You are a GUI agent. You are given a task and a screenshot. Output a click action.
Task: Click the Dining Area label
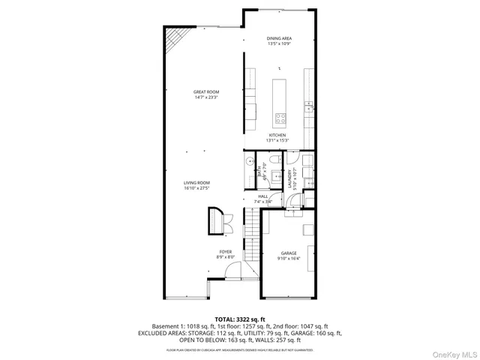pos(278,38)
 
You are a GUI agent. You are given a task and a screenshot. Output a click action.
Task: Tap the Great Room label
pos(206,91)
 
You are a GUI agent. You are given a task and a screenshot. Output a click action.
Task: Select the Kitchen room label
pos(278,135)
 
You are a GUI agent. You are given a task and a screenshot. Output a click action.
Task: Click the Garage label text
pos(289,253)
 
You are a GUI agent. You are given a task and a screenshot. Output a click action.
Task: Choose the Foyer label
pos(226,251)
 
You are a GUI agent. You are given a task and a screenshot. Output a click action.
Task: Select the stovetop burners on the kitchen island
pos(280,118)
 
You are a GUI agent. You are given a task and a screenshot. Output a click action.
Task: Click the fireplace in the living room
pos(217,218)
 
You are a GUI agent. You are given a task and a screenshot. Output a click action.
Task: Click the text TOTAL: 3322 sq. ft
pos(240,319)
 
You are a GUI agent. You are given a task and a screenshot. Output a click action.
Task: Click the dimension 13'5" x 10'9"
pos(278,43)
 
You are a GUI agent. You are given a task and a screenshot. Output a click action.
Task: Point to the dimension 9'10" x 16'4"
pos(289,259)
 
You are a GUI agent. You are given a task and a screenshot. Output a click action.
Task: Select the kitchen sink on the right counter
pos(308,109)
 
